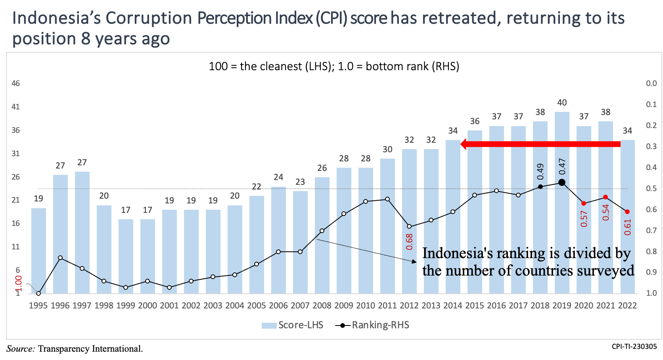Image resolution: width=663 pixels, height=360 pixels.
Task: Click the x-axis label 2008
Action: point(322,306)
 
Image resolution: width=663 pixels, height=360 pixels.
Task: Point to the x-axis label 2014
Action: point(453,306)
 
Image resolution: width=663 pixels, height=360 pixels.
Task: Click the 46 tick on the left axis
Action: point(15,84)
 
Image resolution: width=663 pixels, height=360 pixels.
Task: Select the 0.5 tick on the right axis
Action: point(651,188)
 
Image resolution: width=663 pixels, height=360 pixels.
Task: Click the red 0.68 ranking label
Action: point(409,241)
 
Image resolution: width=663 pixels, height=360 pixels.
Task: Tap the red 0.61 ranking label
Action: point(627,227)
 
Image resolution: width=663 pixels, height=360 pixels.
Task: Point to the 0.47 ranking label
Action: point(562,167)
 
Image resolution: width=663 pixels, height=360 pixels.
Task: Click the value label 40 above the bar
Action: point(562,103)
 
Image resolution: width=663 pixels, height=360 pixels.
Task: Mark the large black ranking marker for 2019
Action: point(562,182)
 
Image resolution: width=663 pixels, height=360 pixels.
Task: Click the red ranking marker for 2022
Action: point(627,212)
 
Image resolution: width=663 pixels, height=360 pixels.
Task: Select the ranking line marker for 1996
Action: point(60,258)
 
